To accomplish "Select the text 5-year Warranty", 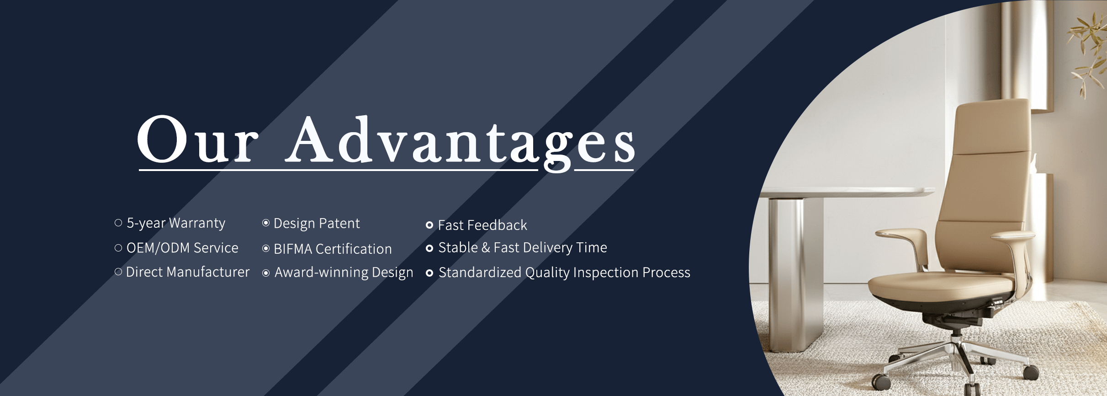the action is (176, 223).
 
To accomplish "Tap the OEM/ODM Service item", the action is (182, 248).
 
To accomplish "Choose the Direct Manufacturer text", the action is (188, 272).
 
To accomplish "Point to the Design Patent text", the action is (317, 223).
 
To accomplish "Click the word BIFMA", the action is (293, 249).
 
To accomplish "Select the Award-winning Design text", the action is (344, 273).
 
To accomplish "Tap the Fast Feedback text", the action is (482, 225).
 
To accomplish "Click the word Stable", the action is (458, 247).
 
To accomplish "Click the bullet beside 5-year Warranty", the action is (118, 223).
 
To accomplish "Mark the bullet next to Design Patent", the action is (266, 223).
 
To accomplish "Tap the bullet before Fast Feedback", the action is (429, 225).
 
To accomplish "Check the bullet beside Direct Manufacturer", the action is (118, 272).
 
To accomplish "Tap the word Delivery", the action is (547, 248).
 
